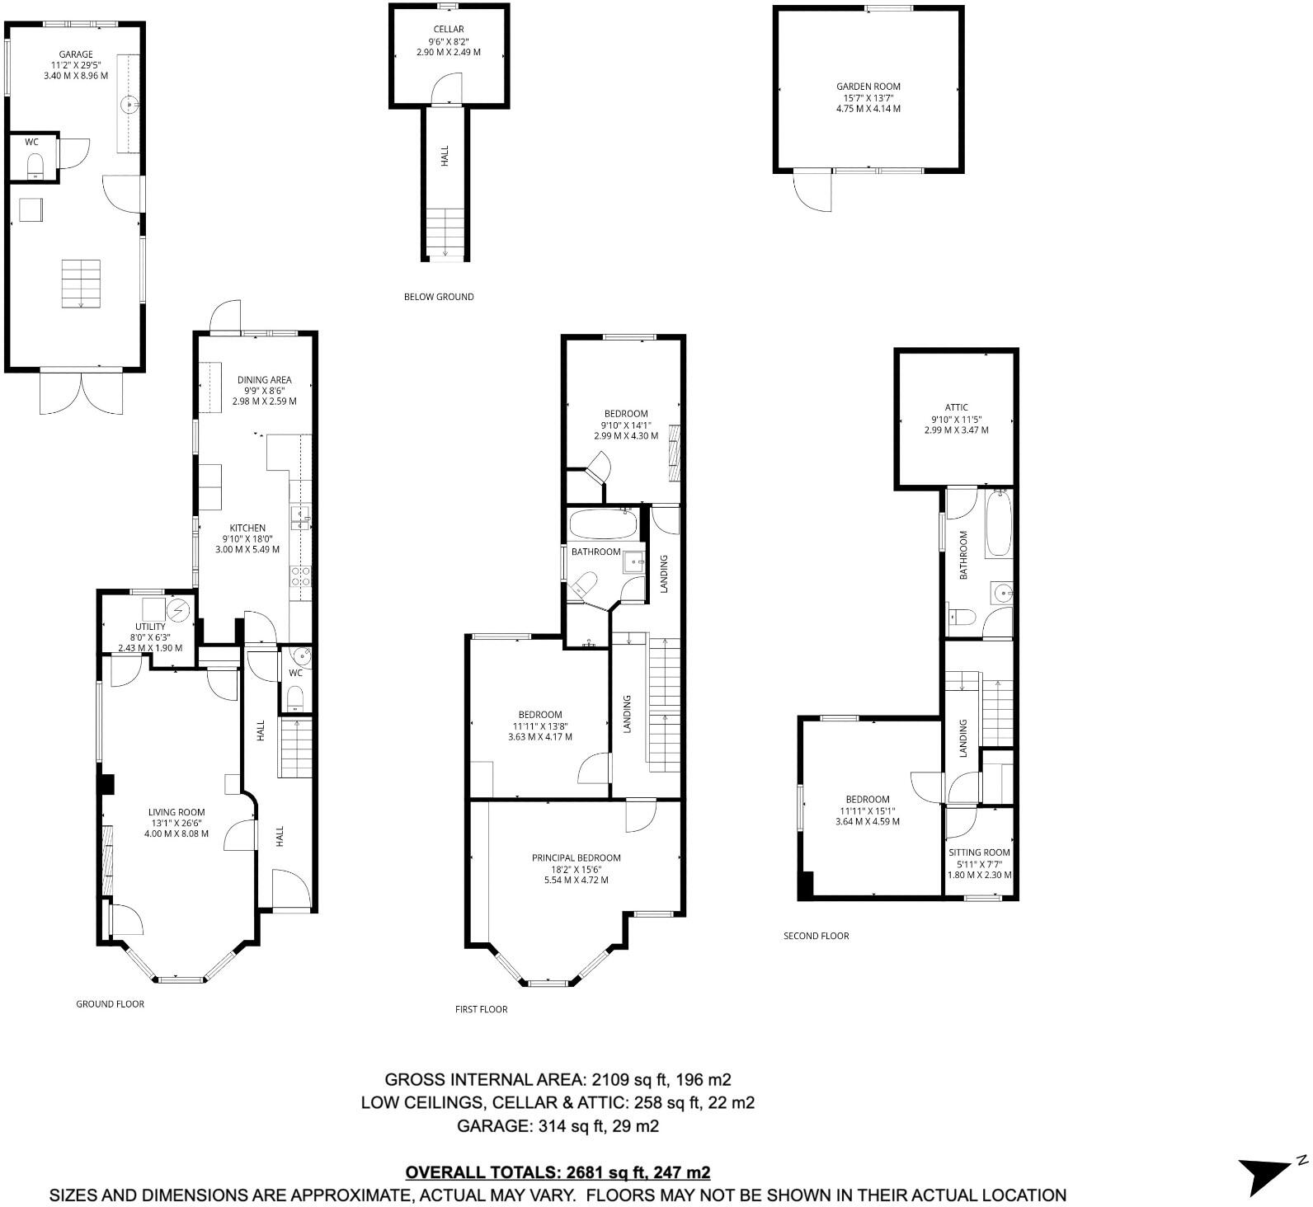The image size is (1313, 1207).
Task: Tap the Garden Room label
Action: tap(868, 86)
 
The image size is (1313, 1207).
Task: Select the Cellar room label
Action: tap(448, 30)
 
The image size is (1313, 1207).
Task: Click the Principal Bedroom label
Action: tap(576, 858)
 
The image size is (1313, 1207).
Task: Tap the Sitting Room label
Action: tap(979, 852)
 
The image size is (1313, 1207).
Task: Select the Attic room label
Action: tap(956, 407)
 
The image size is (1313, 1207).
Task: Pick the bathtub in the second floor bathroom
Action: tap(998, 524)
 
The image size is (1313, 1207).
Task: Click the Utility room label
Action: tap(150, 627)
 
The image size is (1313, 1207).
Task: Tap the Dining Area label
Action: tap(264, 380)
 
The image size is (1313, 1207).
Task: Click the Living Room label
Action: tap(176, 812)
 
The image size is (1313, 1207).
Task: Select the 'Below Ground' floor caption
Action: tap(439, 297)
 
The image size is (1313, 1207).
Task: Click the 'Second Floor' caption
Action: tap(816, 936)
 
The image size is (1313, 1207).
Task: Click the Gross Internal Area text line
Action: tap(558, 1080)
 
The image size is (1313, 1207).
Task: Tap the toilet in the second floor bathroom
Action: tap(962, 616)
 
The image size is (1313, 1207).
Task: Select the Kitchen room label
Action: tap(247, 528)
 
